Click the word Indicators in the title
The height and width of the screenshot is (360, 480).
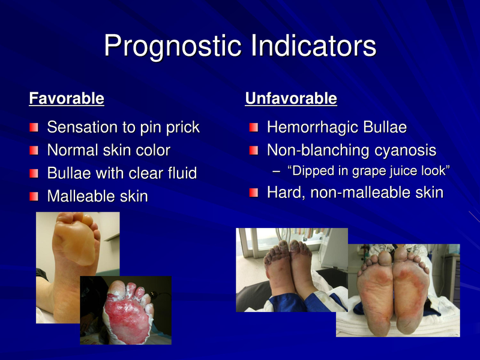(x=317, y=47)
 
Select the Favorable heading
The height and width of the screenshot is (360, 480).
(x=67, y=98)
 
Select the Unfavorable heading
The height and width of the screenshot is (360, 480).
(x=290, y=98)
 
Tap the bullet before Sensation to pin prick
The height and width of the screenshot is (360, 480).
(x=35, y=128)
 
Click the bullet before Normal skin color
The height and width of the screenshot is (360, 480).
(x=35, y=151)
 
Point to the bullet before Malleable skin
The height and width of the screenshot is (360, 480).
(x=35, y=196)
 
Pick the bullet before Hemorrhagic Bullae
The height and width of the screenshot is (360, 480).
(x=254, y=128)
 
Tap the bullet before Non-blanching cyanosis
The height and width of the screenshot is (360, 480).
(x=254, y=151)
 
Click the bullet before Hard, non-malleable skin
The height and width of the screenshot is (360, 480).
(x=254, y=193)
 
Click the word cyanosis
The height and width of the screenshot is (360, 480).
(x=404, y=150)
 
